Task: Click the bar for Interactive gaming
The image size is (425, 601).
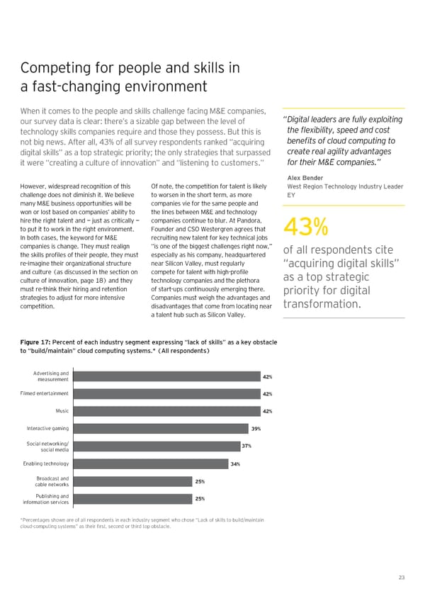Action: (x=159, y=429)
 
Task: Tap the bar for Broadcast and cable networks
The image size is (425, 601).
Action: (x=131, y=481)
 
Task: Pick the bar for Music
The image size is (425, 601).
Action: (x=166, y=411)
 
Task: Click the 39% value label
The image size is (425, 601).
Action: (x=256, y=429)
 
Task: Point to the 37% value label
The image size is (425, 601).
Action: (x=246, y=446)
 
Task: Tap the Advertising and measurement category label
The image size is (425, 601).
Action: (x=50, y=376)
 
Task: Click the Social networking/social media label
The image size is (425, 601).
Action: (x=47, y=446)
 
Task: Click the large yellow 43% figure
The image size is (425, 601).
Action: (x=305, y=228)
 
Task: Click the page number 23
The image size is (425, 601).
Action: (x=401, y=578)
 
